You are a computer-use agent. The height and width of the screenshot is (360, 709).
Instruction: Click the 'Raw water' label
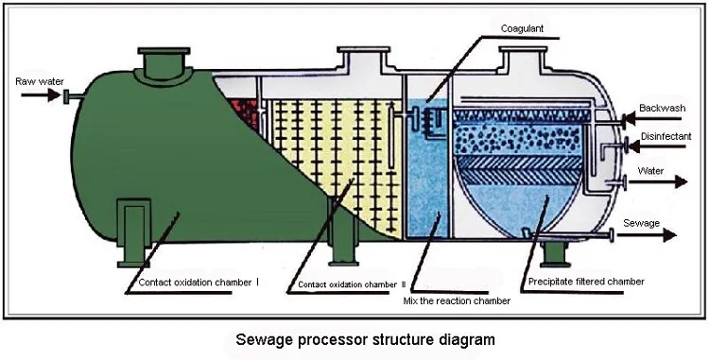click(39, 82)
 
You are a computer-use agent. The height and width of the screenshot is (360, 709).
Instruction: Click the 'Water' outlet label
click(650, 171)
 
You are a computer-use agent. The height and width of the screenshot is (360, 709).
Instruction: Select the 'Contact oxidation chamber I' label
click(198, 282)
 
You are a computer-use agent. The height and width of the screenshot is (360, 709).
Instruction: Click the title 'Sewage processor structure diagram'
click(352, 336)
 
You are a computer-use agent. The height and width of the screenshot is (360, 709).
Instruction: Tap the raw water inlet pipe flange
click(67, 97)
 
